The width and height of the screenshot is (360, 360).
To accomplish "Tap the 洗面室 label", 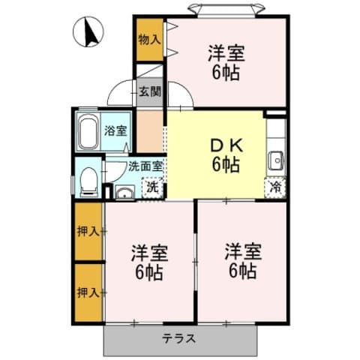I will click(x=145, y=166).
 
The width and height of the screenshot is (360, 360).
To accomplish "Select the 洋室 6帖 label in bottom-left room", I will click(x=149, y=260).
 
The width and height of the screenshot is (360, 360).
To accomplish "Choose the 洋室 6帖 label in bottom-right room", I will click(x=241, y=260).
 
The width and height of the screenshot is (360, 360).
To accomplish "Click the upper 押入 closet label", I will click(x=88, y=231).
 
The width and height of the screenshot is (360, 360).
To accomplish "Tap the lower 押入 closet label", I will click(x=88, y=292).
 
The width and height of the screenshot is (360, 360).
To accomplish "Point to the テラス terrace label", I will click(x=179, y=338).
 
